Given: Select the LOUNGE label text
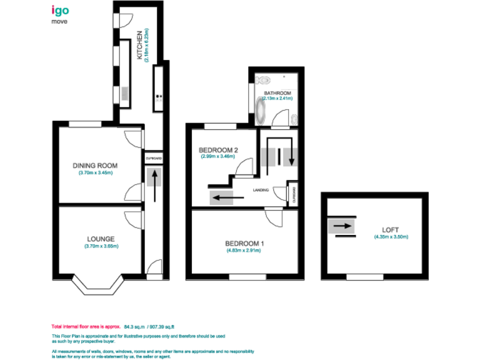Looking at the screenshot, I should pos(100,239).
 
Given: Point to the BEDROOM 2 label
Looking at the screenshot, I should pos(218,150).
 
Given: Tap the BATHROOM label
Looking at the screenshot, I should pos(277,93).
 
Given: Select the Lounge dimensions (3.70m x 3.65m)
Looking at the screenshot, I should pos(101,246).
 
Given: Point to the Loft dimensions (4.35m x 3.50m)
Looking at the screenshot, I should pos(391,237).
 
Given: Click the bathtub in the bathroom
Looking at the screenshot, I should pos(261,112).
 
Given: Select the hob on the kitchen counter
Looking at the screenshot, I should pos(159,97).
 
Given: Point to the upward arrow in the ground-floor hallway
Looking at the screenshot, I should pos(152,184).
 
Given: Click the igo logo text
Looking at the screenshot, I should pos(61,11).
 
